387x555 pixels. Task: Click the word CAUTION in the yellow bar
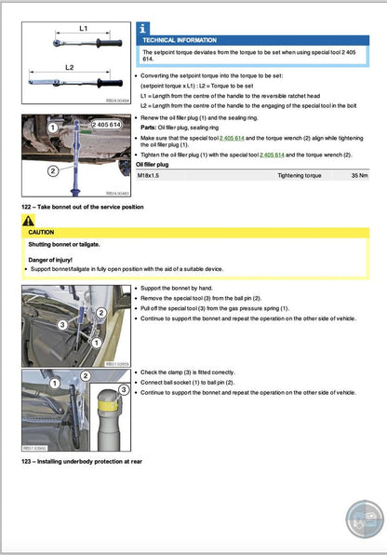[43, 233]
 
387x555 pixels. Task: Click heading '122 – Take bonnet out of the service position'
[82, 206]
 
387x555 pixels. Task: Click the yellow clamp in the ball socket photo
[110, 408]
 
